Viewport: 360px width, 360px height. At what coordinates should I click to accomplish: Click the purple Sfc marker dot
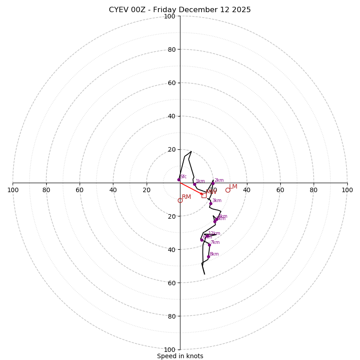(179, 180)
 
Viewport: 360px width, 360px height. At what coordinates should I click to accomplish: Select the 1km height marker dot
(194, 184)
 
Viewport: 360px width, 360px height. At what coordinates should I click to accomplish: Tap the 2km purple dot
(213, 183)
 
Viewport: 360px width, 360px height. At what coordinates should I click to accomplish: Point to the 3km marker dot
(211, 203)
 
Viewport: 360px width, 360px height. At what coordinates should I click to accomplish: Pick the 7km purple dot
(209, 245)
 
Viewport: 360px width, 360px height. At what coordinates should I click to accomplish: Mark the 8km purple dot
(208, 256)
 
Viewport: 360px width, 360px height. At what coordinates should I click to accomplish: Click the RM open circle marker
(180, 200)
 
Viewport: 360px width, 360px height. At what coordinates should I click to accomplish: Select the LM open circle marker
(228, 190)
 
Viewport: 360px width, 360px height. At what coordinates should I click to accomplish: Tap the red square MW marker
(204, 195)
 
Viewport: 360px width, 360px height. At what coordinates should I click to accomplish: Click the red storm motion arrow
(191, 189)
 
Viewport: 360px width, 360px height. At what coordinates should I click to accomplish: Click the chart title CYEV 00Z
(180, 10)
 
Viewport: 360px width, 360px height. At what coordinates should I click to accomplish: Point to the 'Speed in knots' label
(180, 356)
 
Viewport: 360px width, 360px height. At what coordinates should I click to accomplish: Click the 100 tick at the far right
(347, 190)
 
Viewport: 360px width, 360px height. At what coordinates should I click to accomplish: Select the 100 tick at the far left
(13, 190)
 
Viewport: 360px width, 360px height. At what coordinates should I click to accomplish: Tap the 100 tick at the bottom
(170, 349)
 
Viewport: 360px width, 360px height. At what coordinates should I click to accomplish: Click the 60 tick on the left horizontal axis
(80, 190)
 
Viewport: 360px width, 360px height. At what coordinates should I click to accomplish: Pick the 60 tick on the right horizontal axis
(280, 190)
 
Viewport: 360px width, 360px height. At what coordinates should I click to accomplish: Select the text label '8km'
(214, 254)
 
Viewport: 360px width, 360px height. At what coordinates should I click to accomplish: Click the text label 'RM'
(186, 197)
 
